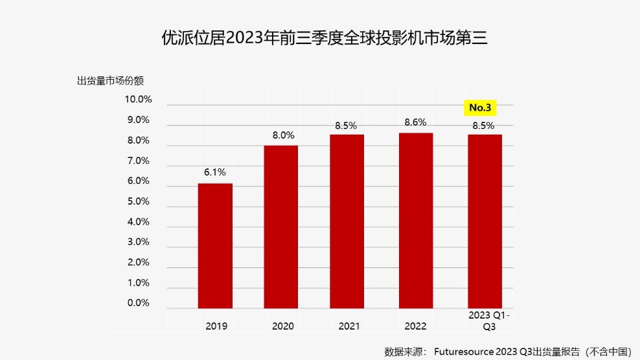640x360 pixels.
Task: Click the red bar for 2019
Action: coord(215,246)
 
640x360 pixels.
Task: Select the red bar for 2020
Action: coord(282,227)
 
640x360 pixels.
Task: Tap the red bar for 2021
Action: coord(348,221)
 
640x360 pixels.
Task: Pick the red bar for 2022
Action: coord(415,220)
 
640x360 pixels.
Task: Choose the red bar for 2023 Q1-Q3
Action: coord(484,221)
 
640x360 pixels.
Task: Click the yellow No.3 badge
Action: coord(483,107)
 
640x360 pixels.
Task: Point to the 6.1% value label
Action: coord(215,172)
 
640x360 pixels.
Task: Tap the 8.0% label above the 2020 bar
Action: coord(282,135)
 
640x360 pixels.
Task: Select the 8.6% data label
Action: coord(415,122)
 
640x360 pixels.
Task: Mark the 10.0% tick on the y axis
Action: coord(138,100)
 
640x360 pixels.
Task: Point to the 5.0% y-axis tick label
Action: coord(138,201)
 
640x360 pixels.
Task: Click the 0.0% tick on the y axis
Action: coord(138,303)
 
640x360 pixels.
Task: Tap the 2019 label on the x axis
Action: coord(216,326)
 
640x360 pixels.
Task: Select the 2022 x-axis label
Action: coord(416,326)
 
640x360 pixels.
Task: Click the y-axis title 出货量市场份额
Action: coord(110,82)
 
